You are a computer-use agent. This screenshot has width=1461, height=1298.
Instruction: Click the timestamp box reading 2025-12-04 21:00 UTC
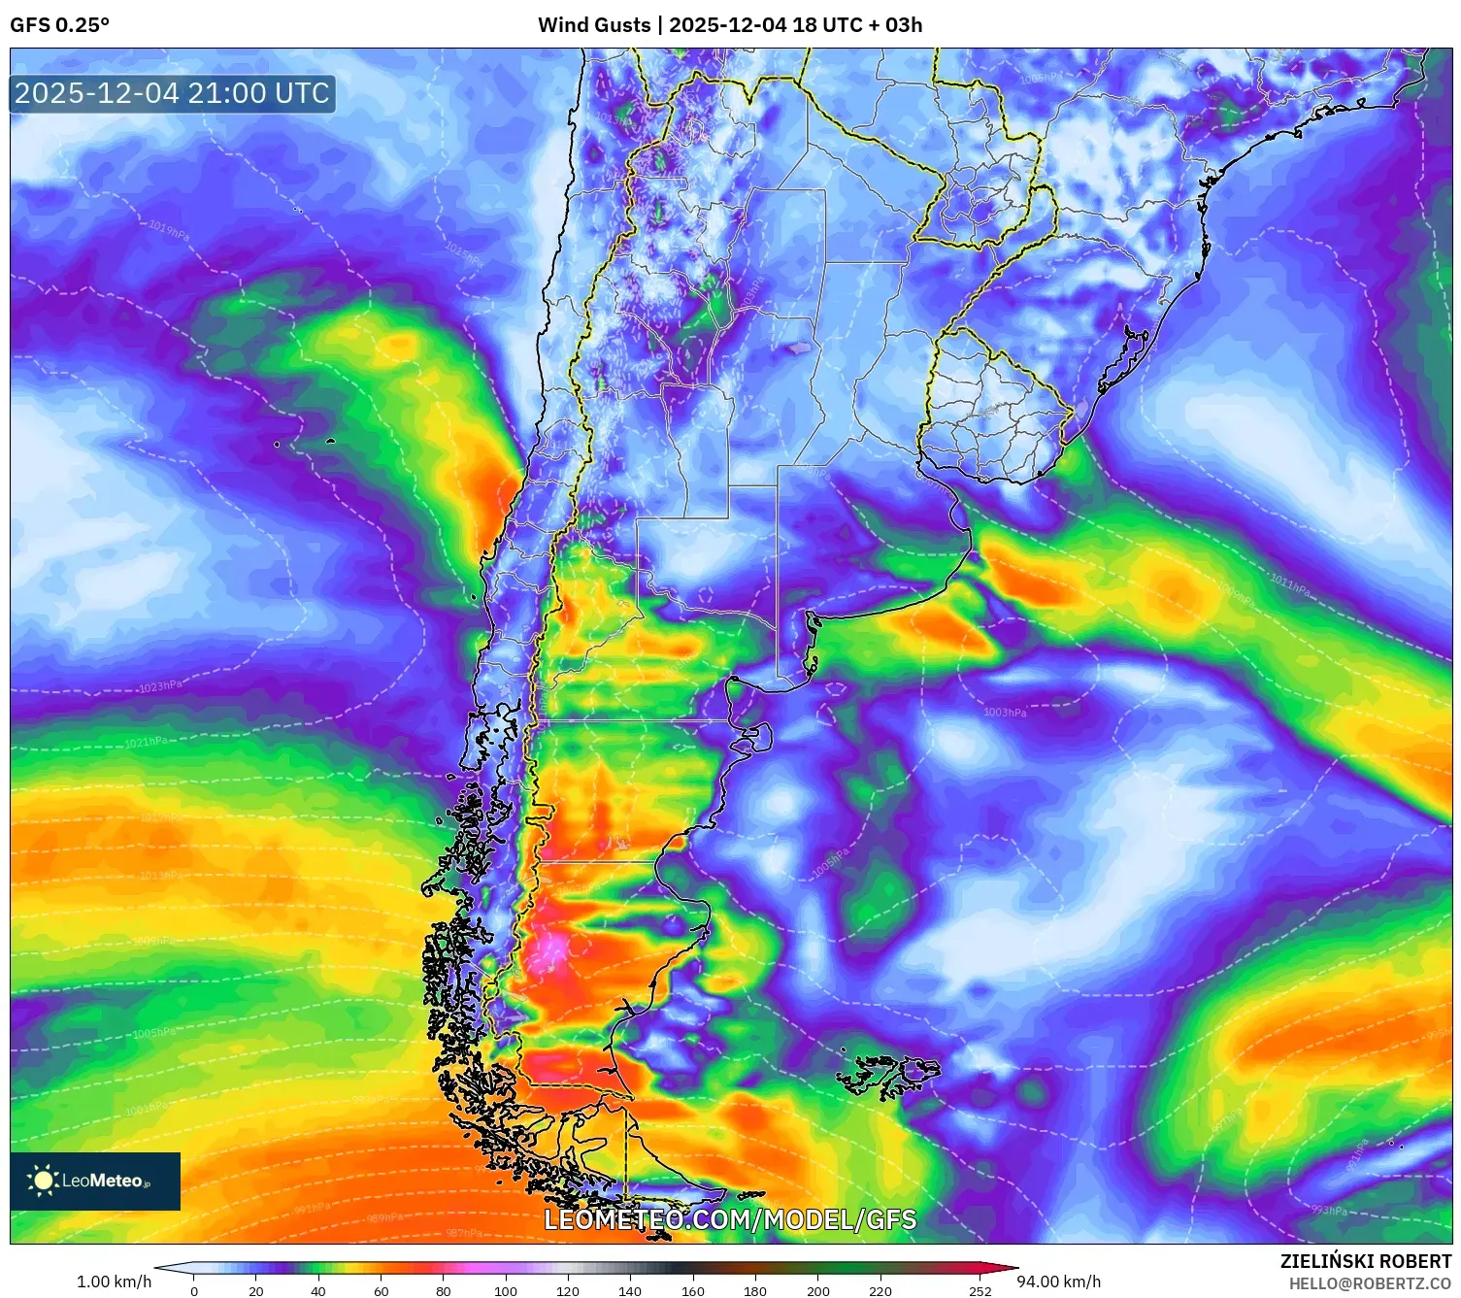(172, 94)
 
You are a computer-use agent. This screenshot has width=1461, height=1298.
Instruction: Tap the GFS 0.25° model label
(59, 25)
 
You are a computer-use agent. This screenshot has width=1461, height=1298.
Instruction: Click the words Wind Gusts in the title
(593, 25)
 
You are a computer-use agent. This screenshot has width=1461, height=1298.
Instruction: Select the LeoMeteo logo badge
(95, 1181)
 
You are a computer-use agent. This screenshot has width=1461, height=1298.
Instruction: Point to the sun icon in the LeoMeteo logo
(43, 1181)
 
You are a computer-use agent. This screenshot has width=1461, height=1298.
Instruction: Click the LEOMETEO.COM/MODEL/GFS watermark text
(730, 1219)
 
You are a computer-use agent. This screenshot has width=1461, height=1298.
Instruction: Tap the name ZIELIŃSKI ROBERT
(1365, 1261)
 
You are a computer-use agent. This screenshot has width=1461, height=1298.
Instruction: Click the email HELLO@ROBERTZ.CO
(1370, 1283)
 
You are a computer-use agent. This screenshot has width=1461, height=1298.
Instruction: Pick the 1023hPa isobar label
(160, 686)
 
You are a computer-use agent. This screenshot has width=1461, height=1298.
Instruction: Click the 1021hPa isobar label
(145, 743)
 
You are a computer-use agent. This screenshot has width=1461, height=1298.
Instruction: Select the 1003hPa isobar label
(1004, 713)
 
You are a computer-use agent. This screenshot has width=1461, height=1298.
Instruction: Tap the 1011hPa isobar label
(1289, 585)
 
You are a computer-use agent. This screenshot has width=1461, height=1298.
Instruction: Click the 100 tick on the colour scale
(506, 1290)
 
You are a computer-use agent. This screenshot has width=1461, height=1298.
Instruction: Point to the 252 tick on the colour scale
(980, 1290)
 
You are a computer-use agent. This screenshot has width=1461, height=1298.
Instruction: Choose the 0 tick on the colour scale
(194, 1290)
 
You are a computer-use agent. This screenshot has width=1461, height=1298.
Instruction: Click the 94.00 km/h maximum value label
(1058, 1281)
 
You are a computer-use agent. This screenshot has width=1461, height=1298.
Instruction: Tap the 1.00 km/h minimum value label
(115, 1281)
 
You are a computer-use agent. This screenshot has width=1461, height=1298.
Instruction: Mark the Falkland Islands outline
(888, 1074)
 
